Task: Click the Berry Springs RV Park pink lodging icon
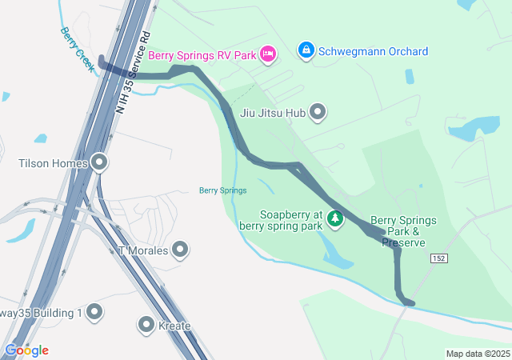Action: click(268, 54)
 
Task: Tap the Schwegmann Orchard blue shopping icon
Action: click(306, 50)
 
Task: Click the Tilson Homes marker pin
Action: click(99, 163)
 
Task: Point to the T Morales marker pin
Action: click(180, 250)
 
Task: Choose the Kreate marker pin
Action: click(146, 325)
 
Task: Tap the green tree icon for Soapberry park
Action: click(336, 218)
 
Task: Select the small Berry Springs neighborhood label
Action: click(222, 190)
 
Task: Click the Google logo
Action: click(26, 350)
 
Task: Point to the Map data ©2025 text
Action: click(477, 354)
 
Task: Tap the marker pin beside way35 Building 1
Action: click(94, 311)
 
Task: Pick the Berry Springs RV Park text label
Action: click(202, 55)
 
